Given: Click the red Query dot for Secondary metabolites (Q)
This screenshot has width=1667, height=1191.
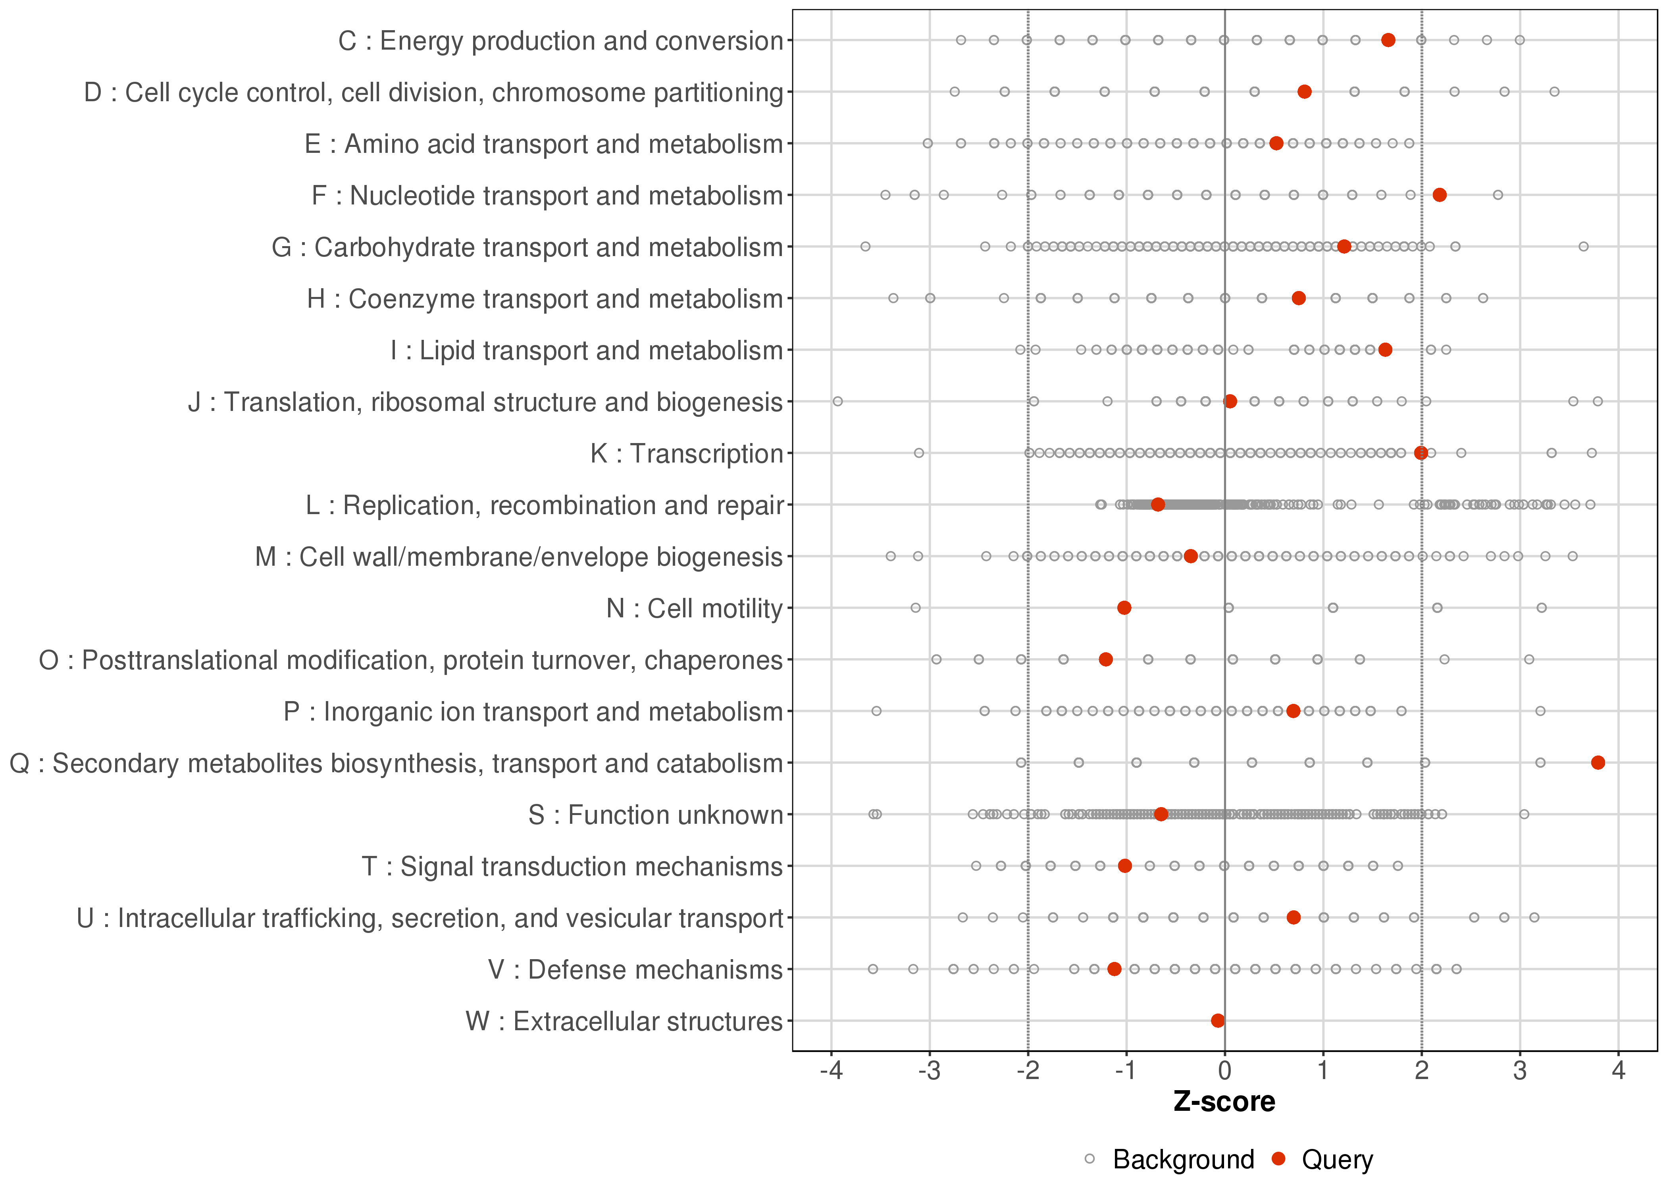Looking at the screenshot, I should [x=1598, y=763].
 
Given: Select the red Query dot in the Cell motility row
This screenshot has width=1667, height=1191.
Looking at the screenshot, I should [x=1124, y=608].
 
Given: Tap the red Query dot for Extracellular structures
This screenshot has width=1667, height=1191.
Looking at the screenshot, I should [x=1218, y=1021].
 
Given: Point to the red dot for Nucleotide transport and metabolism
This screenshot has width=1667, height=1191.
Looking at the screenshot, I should [x=1439, y=195].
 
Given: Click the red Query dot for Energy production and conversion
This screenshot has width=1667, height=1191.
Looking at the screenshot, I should [x=1388, y=40].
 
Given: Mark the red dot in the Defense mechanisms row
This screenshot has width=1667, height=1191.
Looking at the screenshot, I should [x=1114, y=969].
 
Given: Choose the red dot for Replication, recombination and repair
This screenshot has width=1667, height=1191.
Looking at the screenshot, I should [x=1157, y=505].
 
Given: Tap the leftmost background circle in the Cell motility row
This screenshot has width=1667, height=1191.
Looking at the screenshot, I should [x=915, y=608].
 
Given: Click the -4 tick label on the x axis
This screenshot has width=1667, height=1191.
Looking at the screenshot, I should [x=831, y=1072].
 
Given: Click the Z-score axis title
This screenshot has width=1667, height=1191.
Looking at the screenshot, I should [x=1224, y=1102].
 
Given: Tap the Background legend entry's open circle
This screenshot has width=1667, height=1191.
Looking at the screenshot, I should [x=1090, y=1160].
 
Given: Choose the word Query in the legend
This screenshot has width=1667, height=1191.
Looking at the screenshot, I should [x=1337, y=1160].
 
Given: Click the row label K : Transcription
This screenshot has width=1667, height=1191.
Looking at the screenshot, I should [x=687, y=454].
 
